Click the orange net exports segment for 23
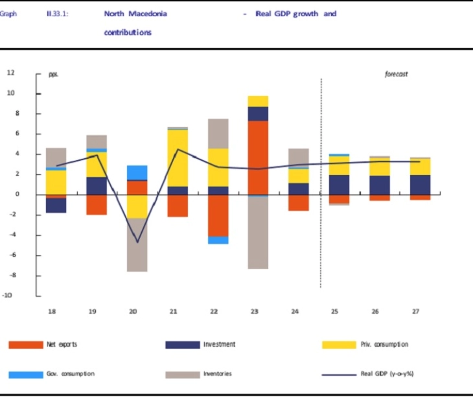(x=257, y=157)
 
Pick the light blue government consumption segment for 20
(x=136, y=172)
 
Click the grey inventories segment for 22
(x=217, y=134)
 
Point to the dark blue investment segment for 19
(x=97, y=185)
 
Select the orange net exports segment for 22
(x=217, y=215)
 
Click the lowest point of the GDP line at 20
(x=137, y=242)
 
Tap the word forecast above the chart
(x=396, y=75)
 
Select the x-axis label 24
(x=295, y=312)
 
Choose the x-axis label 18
(x=52, y=312)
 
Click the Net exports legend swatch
(x=26, y=344)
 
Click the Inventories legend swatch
(x=183, y=374)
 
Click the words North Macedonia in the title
(x=135, y=14)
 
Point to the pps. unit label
(x=54, y=75)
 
